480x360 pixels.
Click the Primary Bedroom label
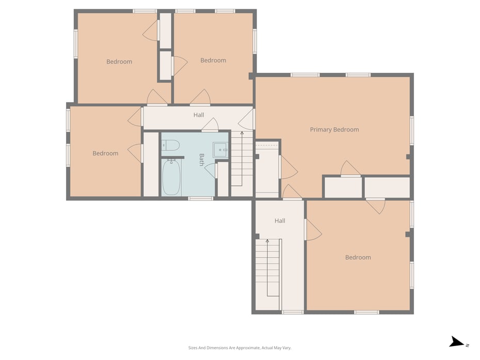click(x=334, y=130)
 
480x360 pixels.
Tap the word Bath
click(x=202, y=160)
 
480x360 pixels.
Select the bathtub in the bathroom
click(x=171, y=177)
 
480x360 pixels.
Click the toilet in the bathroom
click(x=170, y=145)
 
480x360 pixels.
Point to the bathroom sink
click(x=220, y=150)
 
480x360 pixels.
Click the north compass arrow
click(x=457, y=342)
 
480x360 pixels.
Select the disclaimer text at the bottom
click(x=239, y=348)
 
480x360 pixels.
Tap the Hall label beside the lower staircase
click(x=280, y=221)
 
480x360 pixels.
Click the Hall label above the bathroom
click(x=199, y=115)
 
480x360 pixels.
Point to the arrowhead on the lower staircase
click(x=267, y=241)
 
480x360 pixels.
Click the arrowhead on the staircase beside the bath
click(x=242, y=133)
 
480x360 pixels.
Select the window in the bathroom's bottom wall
click(x=200, y=198)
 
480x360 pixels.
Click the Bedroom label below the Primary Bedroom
click(x=358, y=257)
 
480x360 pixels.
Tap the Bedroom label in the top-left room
click(x=119, y=61)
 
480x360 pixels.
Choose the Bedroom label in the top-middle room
click(x=213, y=60)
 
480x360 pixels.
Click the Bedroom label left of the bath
click(x=105, y=153)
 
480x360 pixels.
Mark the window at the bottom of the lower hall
click(x=293, y=312)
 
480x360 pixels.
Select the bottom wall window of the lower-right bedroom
click(x=366, y=312)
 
